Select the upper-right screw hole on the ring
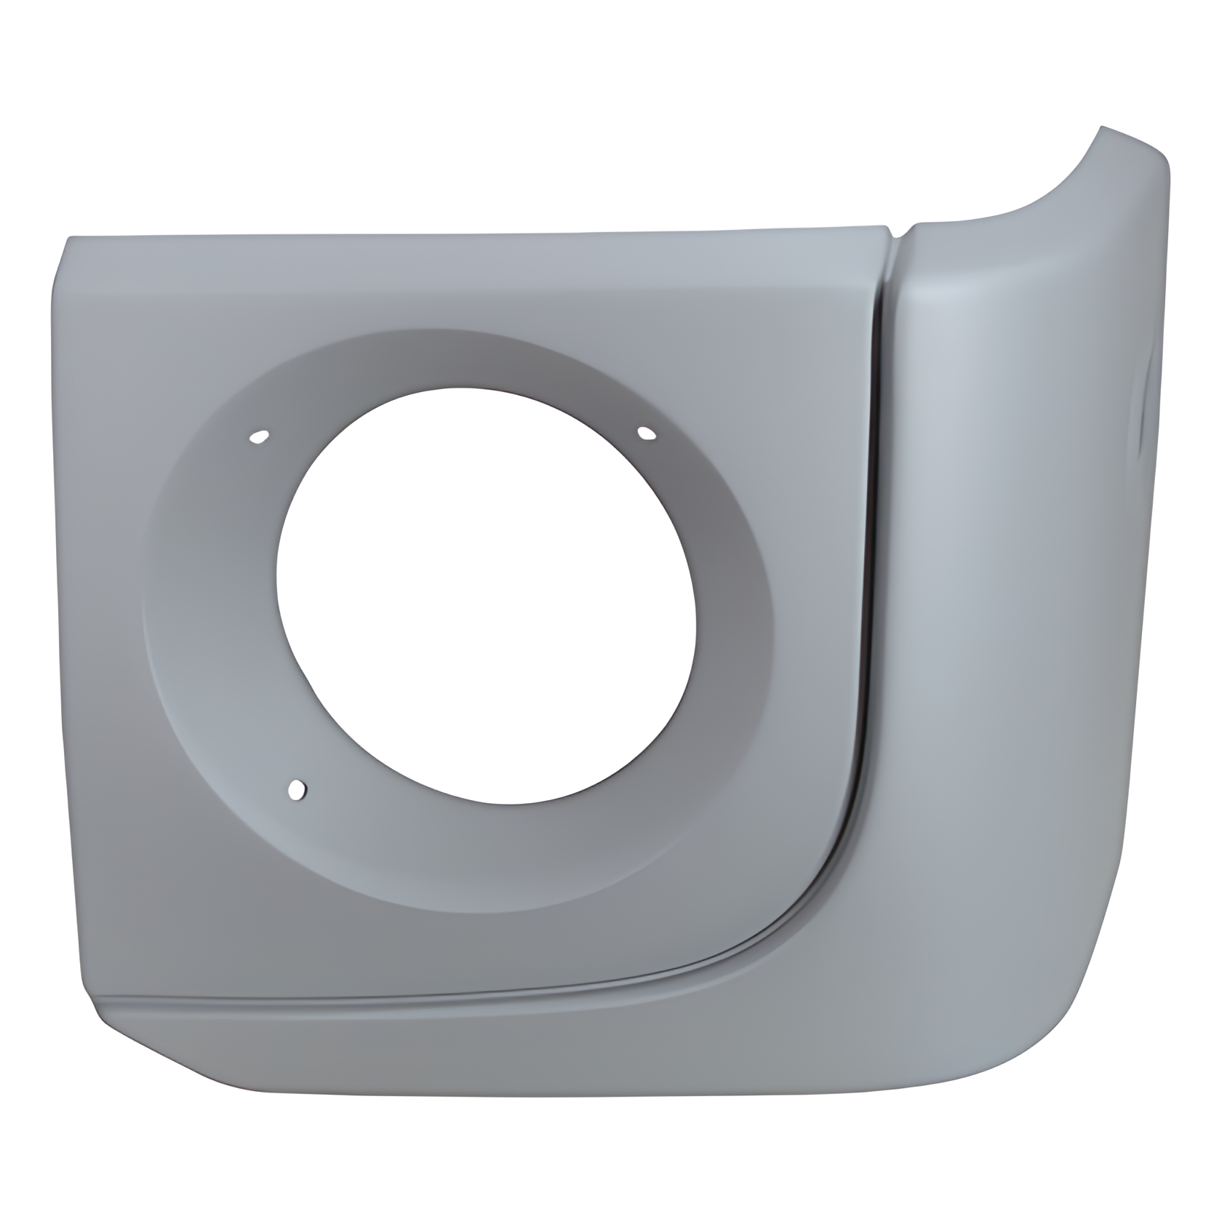[x=645, y=434]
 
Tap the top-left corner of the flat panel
[x=69, y=240]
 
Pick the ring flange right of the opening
[x=735, y=604]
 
